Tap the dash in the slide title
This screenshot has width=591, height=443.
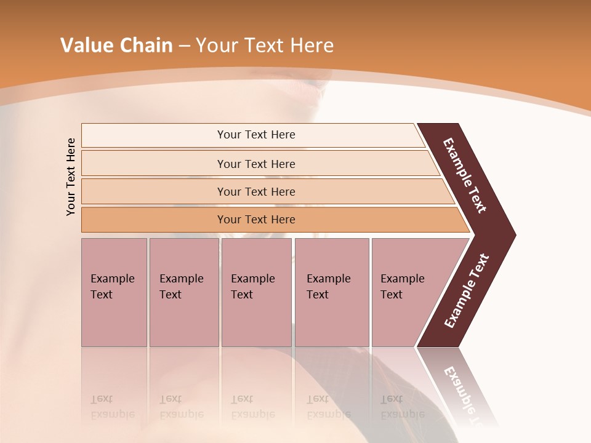(x=184, y=46)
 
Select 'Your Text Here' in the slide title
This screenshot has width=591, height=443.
(x=265, y=46)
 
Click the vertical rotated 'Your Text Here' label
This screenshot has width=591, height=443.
(x=71, y=177)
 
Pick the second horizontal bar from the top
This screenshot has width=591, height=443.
(x=256, y=164)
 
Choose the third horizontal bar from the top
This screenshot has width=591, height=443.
(x=256, y=191)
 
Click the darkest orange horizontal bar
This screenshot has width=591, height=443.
(x=256, y=220)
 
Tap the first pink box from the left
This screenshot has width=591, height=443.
(x=114, y=292)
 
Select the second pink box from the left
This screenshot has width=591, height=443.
(x=183, y=292)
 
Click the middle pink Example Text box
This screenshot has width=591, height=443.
(x=256, y=292)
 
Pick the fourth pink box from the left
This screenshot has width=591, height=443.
(x=332, y=292)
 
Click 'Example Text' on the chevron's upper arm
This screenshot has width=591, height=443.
(x=465, y=175)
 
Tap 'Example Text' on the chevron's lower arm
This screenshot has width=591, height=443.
(x=467, y=291)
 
